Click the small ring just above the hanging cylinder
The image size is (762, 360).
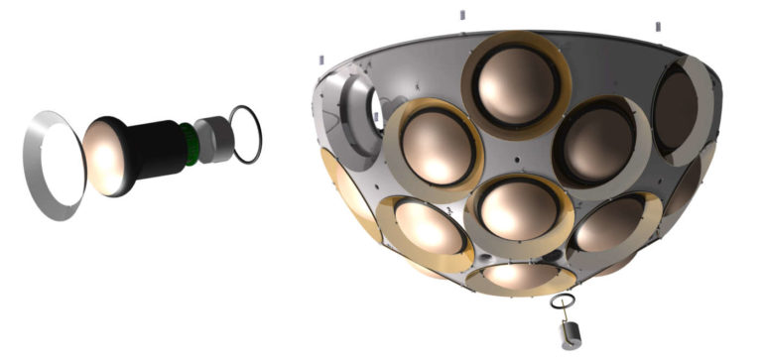(x=562, y=300)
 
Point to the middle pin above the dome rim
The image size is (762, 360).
(x=462, y=16)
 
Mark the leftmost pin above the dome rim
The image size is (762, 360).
(x=321, y=60)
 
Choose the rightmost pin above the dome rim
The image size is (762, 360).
(x=656, y=23)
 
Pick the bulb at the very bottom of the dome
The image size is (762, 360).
(x=521, y=272)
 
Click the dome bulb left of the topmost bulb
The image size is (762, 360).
(x=434, y=145)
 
